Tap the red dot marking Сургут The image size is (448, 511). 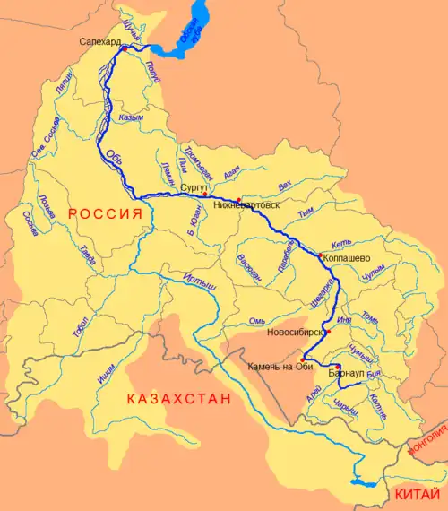[x=204, y=195]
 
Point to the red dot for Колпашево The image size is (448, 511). [x=319, y=255]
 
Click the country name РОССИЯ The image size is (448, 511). [x=106, y=214]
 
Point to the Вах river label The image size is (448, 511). [x=285, y=186]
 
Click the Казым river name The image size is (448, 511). [x=131, y=117]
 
